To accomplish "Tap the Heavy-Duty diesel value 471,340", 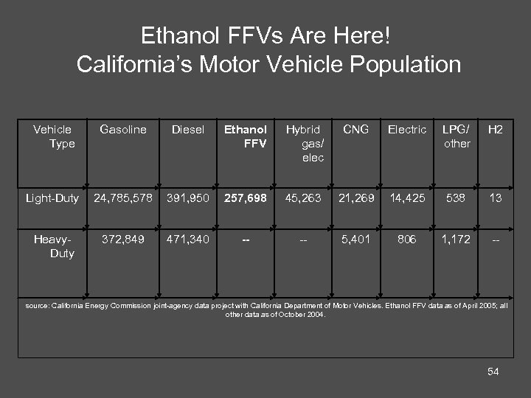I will pyautogui.click(x=187, y=239).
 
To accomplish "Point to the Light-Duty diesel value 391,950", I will pyautogui.click(x=187, y=198).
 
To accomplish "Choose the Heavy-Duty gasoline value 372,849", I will pyautogui.click(x=123, y=239).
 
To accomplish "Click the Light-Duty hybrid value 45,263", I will pyautogui.click(x=304, y=198).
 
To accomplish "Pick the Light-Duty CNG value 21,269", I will pyautogui.click(x=356, y=198).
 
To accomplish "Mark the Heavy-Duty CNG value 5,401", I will pyautogui.click(x=356, y=239).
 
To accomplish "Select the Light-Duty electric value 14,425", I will pyautogui.click(x=407, y=198).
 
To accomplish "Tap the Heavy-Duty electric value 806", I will pyautogui.click(x=407, y=239).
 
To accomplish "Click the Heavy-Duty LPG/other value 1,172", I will pyautogui.click(x=457, y=239).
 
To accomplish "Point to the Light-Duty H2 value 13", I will pyautogui.click(x=496, y=198).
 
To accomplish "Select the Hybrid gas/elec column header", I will pyautogui.click(x=304, y=144).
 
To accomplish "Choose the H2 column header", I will pyautogui.click(x=496, y=130).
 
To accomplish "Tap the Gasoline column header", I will pyautogui.click(x=123, y=130).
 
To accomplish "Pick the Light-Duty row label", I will pyautogui.click(x=52, y=198).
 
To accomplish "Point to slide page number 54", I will pyautogui.click(x=493, y=371).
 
